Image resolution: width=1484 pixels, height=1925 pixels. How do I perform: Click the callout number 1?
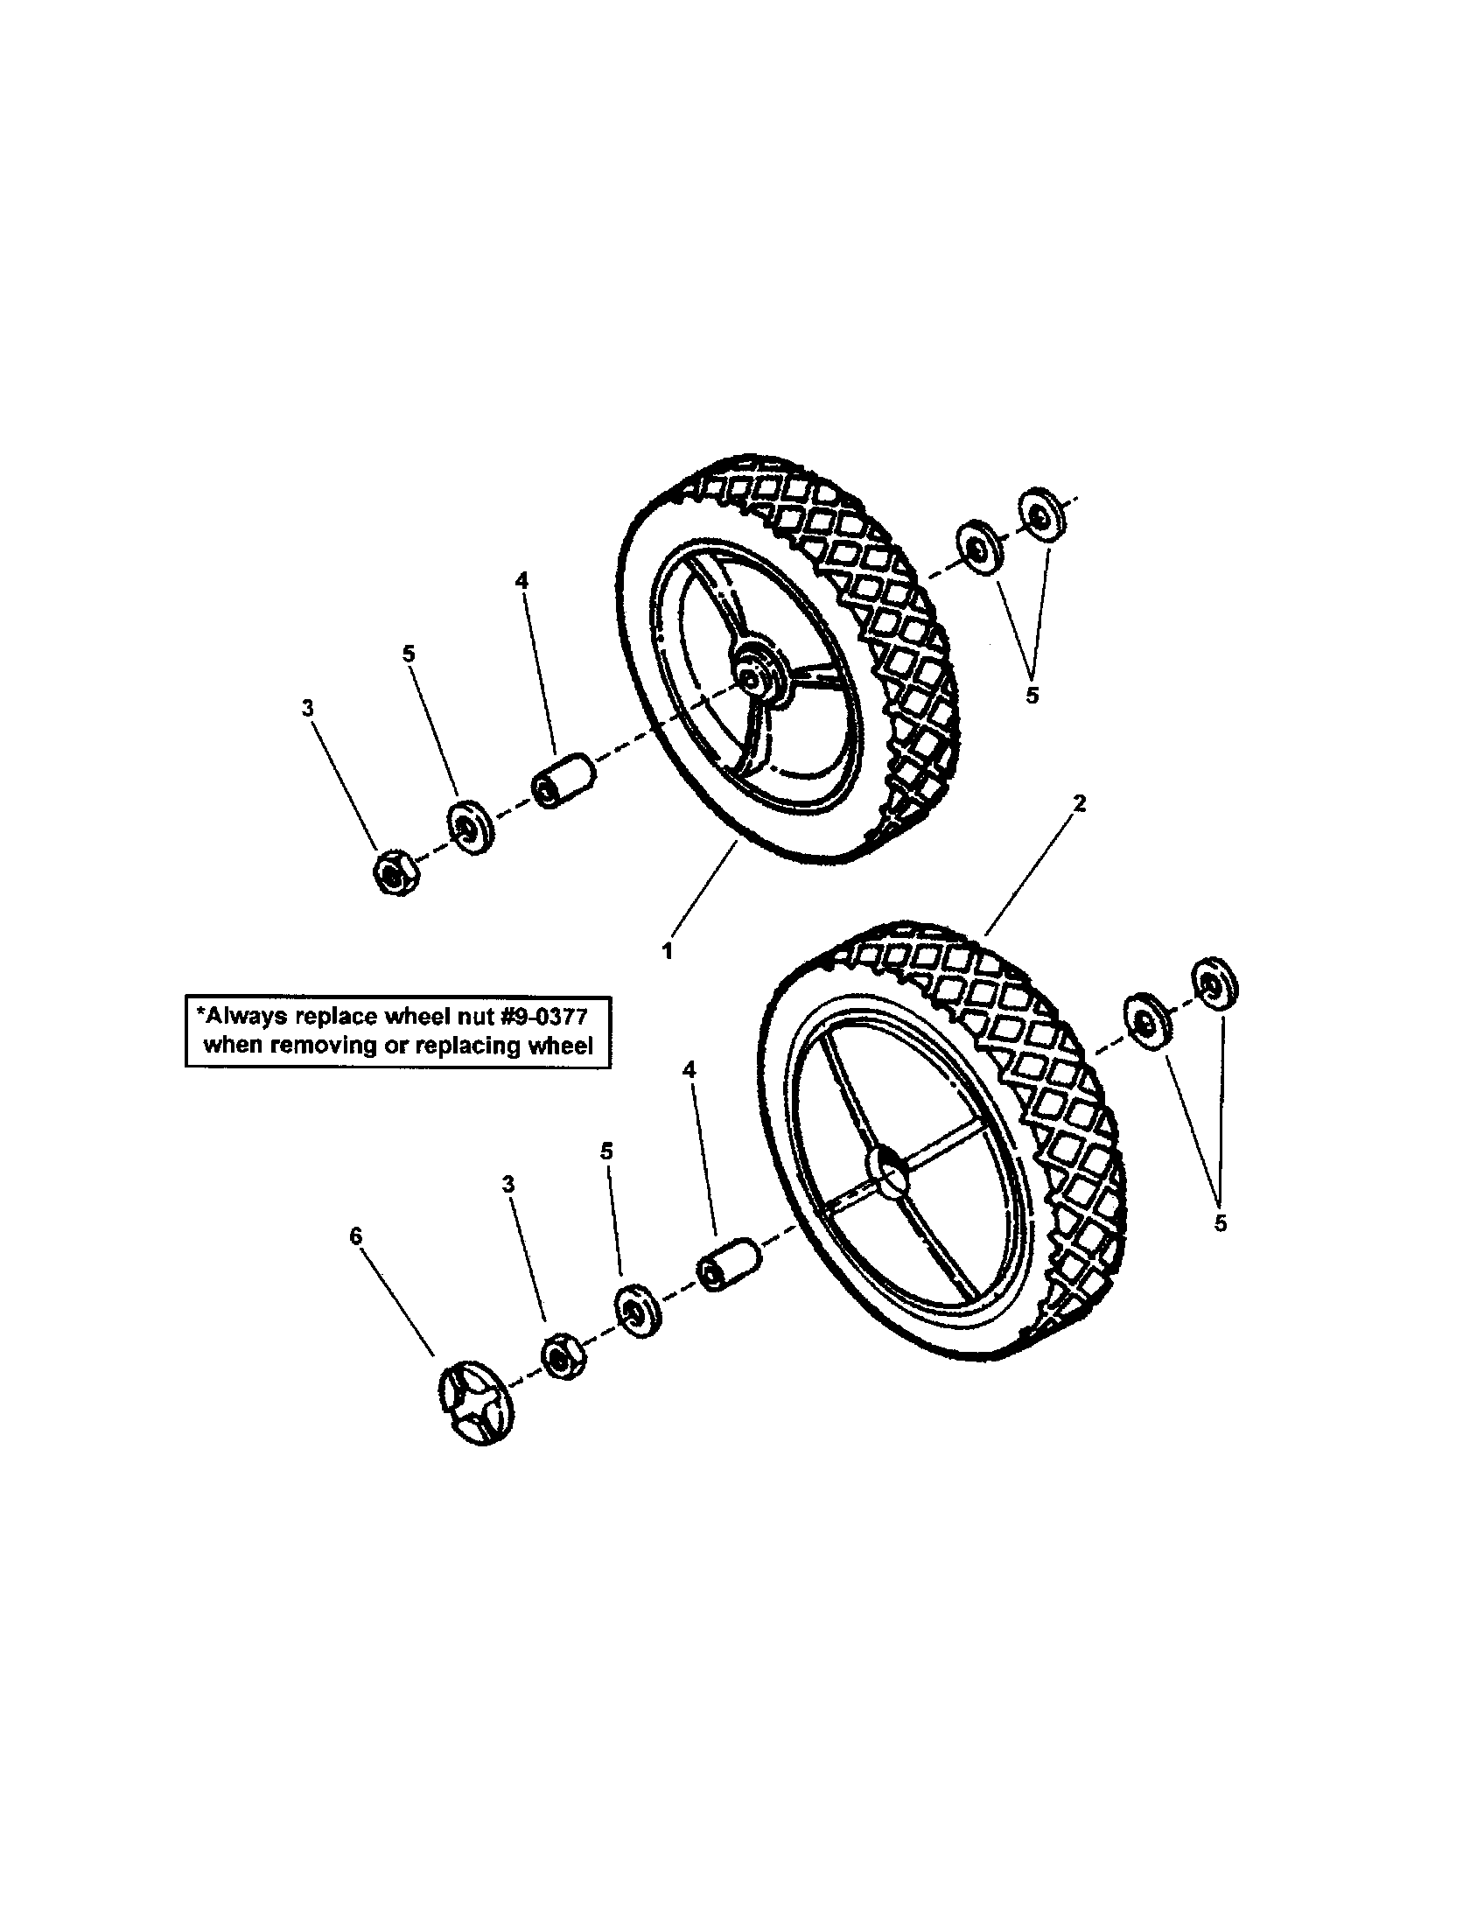[x=667, y=951]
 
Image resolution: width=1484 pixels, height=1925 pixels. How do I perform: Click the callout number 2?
[x=1080, y=803]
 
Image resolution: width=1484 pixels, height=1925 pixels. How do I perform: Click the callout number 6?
[x=355, y=1236]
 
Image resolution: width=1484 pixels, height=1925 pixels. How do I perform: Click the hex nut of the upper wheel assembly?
[x=393, y=872]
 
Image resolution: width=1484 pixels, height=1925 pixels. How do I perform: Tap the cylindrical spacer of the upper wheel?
[x=563, y=779]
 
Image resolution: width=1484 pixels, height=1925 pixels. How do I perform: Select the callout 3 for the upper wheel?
[x=307, y=708]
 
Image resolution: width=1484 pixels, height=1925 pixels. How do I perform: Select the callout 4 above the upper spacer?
[x=521, y=580]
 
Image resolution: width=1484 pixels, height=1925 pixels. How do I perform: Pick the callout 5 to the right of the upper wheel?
[x=1032, y=695]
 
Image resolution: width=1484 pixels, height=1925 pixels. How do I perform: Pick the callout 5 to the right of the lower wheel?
[x=1220, y=1223]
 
